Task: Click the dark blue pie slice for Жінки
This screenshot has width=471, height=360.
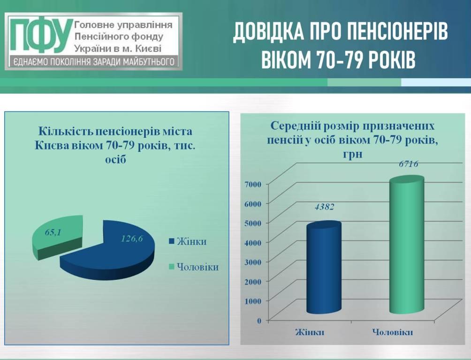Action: [x=108, y=251]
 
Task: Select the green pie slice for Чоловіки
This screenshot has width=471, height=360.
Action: [x=57, y=237]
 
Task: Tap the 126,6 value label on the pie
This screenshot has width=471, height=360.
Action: [x=132, y=239]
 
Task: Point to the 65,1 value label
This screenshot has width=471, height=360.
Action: [x=53, y=232]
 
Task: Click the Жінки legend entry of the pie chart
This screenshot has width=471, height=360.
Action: [x=188, y=242]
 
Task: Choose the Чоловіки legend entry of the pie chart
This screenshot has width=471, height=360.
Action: [x=194, y=267]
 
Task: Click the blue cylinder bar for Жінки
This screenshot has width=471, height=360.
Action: [x=324, y=268]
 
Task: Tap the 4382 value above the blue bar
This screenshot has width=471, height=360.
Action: [x=325, y=207]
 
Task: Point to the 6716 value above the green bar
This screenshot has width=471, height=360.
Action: [x=409, y=164]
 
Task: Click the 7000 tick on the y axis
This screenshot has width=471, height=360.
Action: [x=254, y=184]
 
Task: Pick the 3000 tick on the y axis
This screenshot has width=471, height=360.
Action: [x=254, y=262]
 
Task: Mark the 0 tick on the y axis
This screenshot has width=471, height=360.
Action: [x=259, y=320]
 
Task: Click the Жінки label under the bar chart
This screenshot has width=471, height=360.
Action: [x=310, y=332]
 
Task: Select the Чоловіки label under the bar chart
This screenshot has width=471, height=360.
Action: [x=393, y=332]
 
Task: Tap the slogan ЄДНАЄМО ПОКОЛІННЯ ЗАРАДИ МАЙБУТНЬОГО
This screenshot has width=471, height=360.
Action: [x=94, y=62]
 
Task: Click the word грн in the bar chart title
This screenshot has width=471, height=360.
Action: [x=352, y=154]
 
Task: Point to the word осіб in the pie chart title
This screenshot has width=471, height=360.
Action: [x=115, y=159]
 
